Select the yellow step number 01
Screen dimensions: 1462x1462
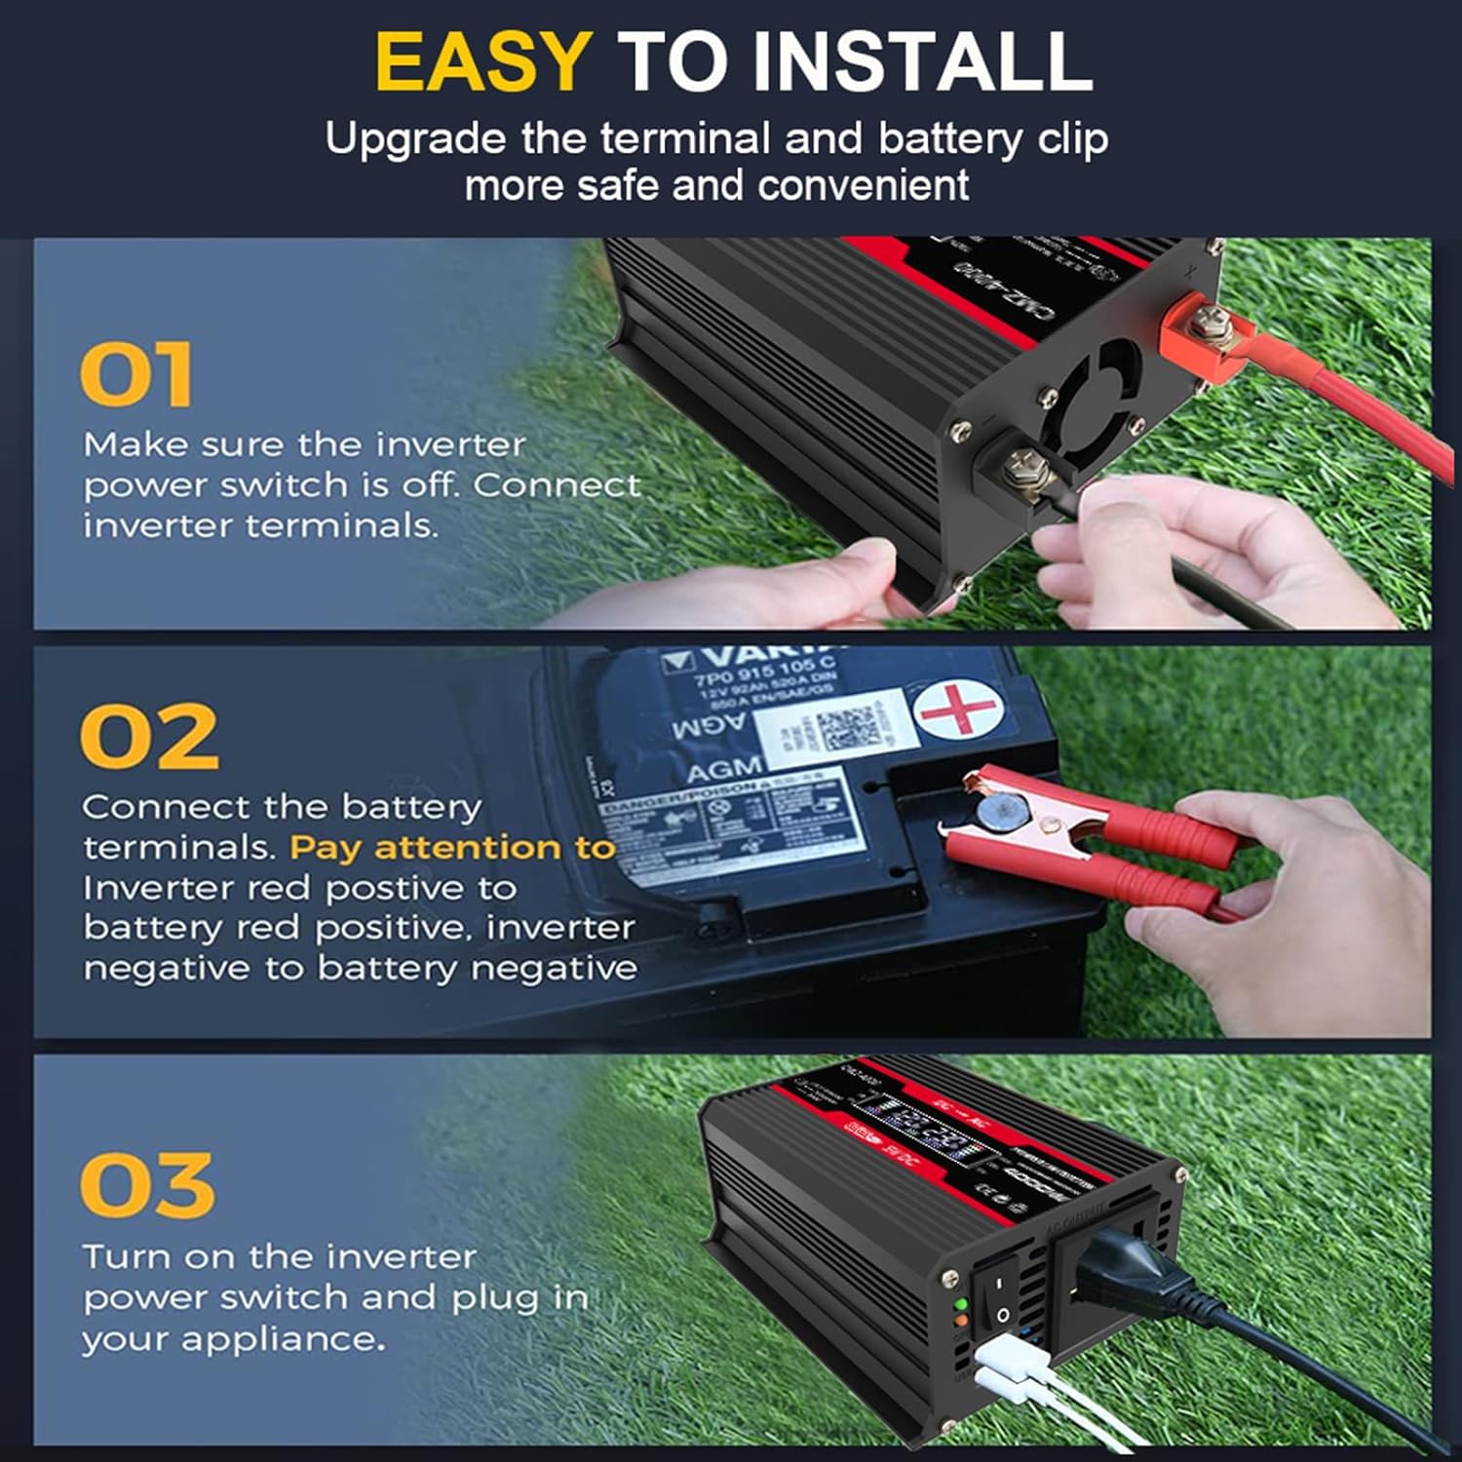pos(135,374)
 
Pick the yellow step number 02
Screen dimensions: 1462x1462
pos(148,736)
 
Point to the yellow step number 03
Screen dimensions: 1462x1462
pos(146,1185)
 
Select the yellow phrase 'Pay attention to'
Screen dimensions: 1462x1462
pos(452,848)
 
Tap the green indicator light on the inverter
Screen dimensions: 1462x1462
pos(961,1304)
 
